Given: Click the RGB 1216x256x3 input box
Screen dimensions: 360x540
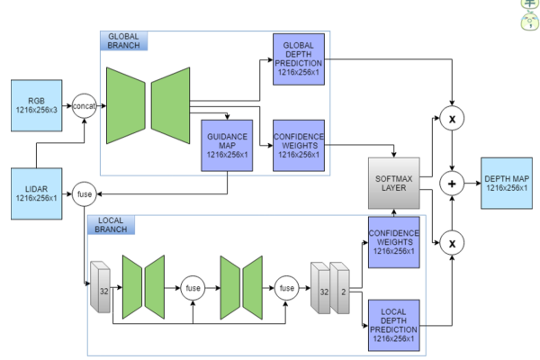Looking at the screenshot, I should point(37,102).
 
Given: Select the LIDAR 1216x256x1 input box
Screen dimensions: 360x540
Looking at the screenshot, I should point(37,190).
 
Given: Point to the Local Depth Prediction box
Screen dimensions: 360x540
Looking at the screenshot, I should point(394,322).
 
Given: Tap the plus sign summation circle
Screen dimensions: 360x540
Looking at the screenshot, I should point(450,184).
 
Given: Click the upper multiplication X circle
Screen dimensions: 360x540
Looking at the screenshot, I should point(449,119).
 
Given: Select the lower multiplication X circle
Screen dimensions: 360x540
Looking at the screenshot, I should point(449,241).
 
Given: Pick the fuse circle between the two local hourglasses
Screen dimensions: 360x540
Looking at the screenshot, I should point(192,288).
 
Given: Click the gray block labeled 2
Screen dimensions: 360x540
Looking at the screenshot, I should point(341,287).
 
